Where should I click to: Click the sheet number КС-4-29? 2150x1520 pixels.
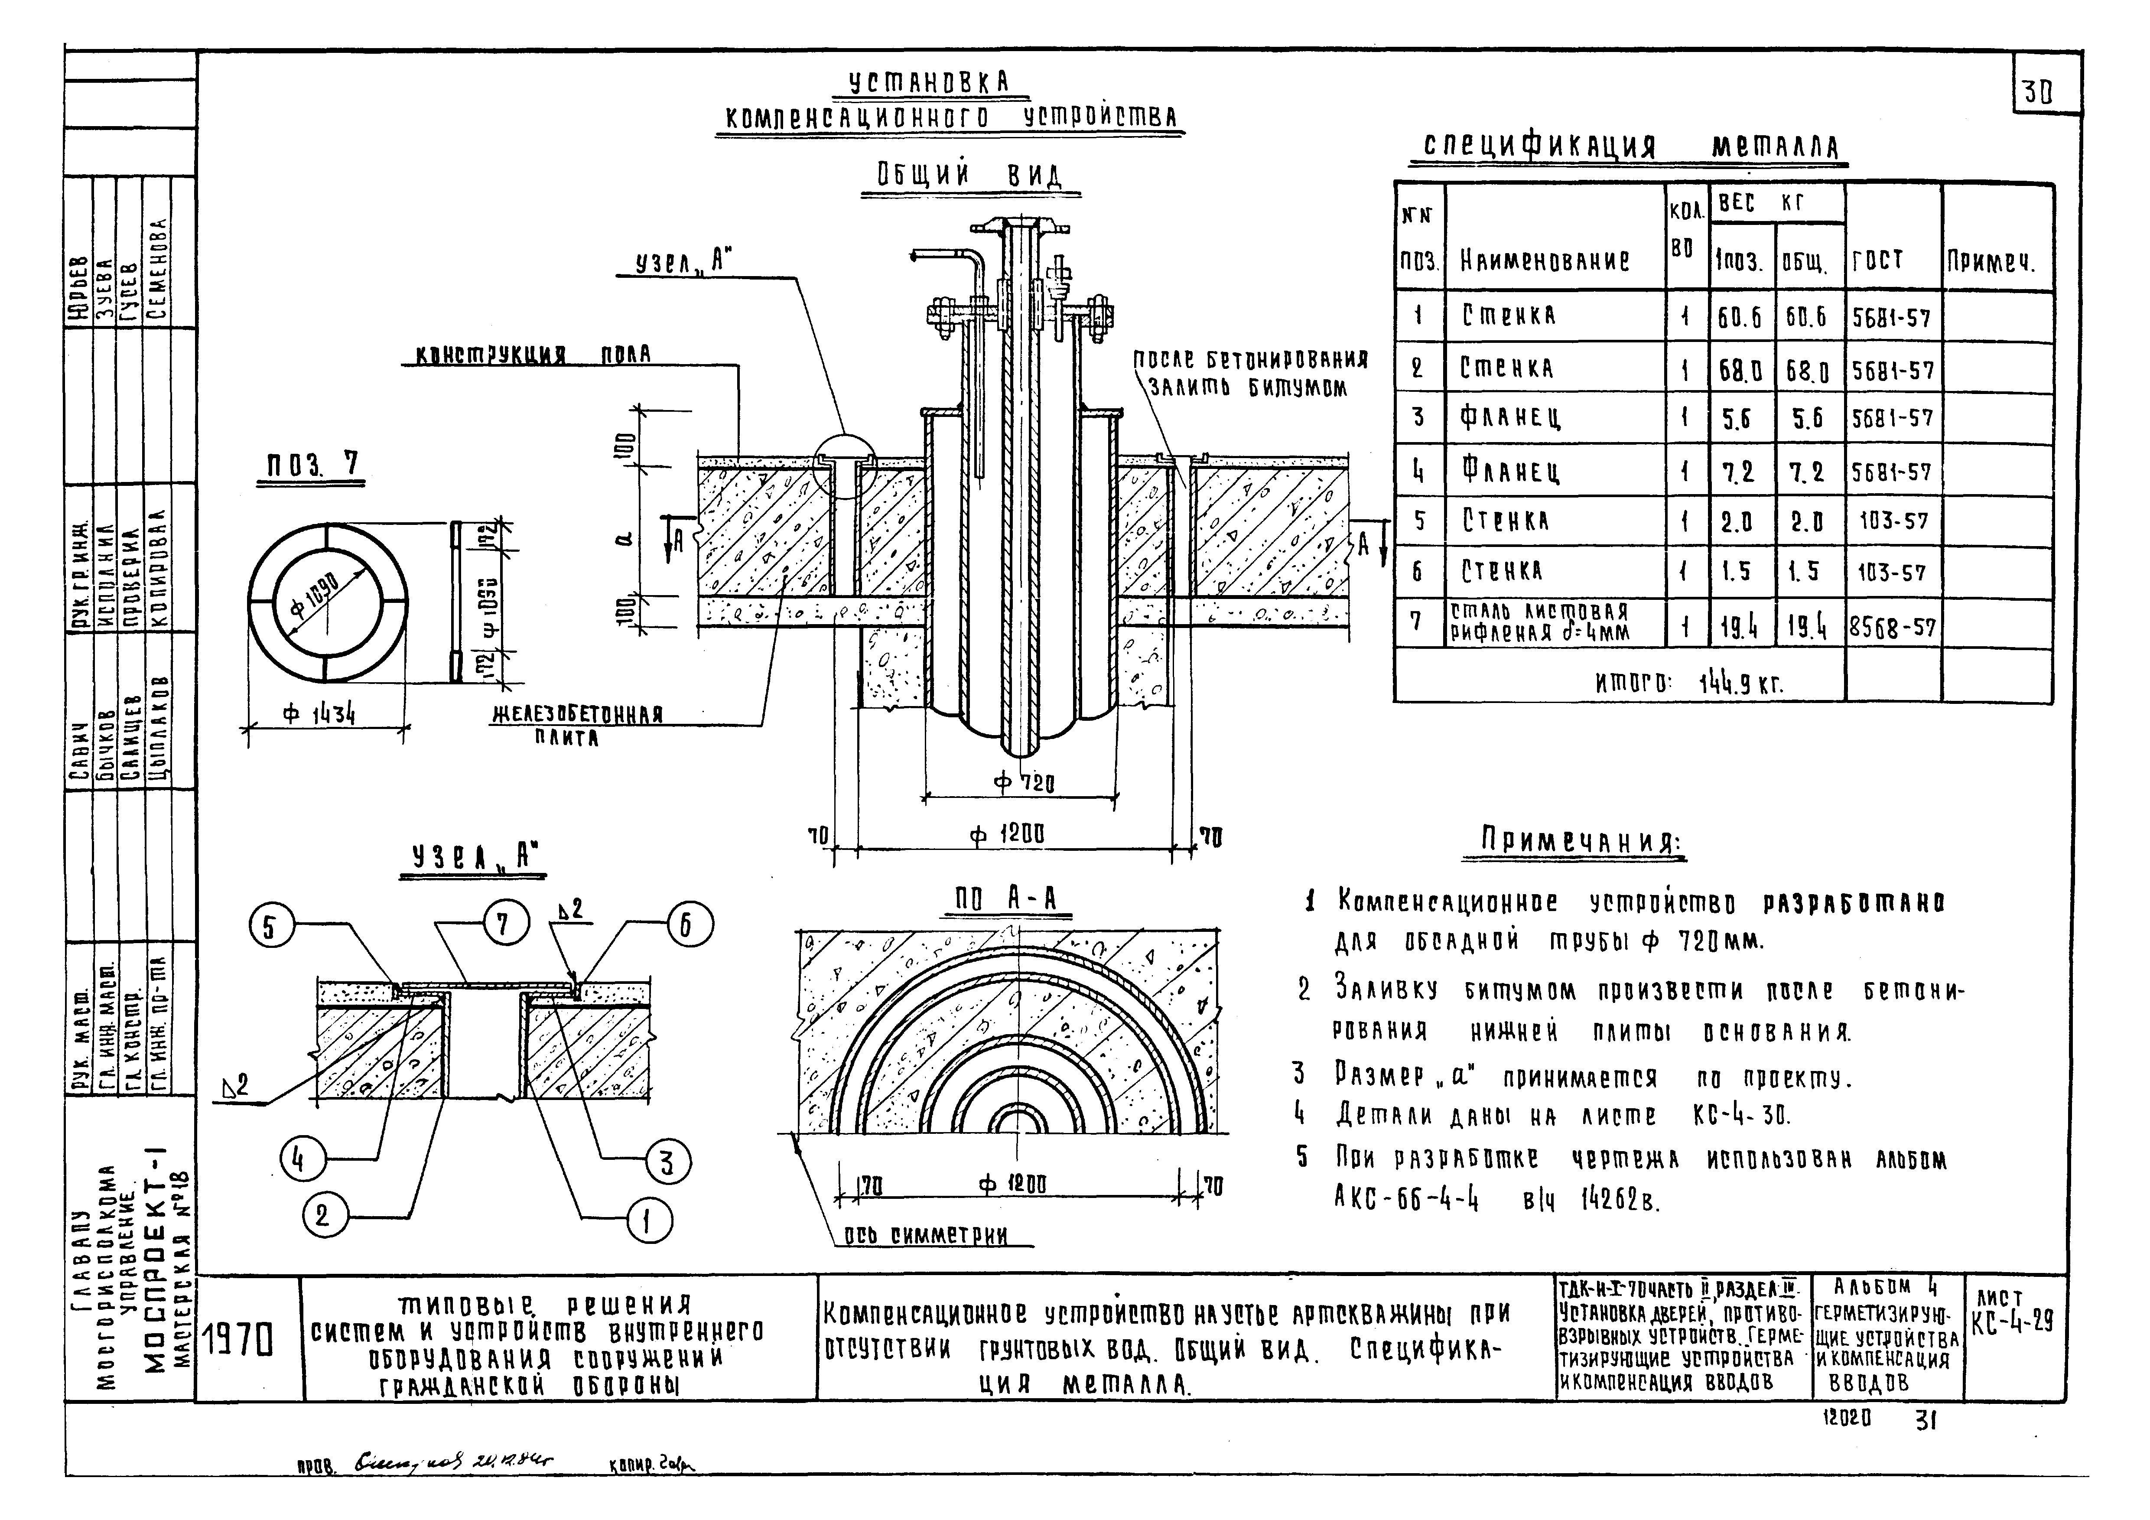[x=2011, y=1322]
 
